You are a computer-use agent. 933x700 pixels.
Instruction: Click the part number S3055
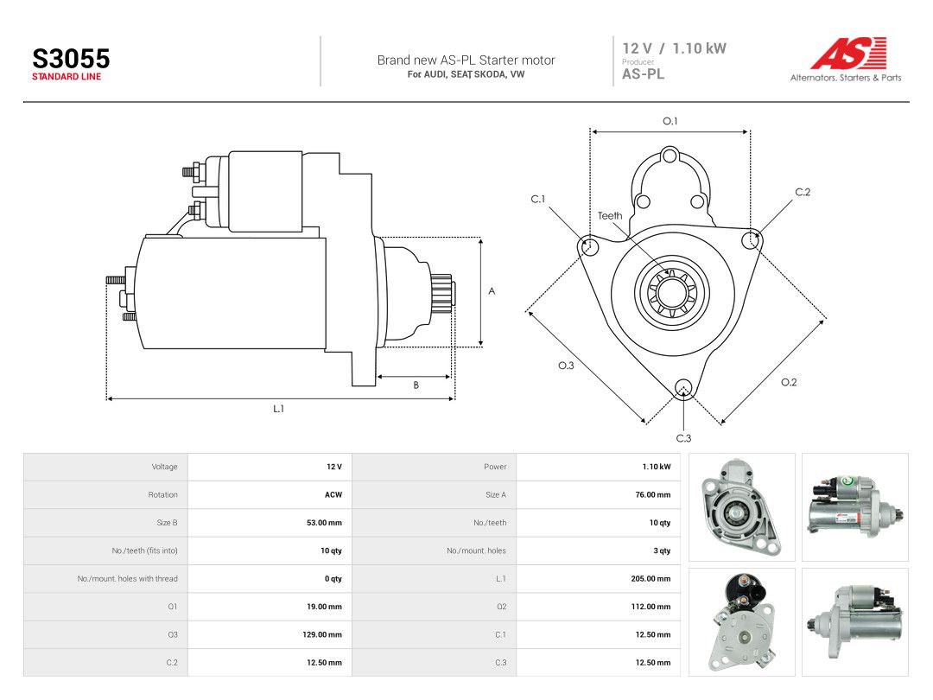pyautogui.click(x=71, y=59)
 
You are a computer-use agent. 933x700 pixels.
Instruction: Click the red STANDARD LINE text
pyautogui.click(x=67, y=77)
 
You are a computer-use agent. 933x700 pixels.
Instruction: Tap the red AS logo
pyautogui.click(x=849, y=53)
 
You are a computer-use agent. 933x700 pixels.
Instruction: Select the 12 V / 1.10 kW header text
pyautogui.click(x=674, y=48)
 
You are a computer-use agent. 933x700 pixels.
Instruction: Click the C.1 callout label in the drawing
pyautogui.click(x=538, y=199)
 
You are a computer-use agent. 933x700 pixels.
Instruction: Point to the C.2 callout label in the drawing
pyautogui.click(x=803, y=192)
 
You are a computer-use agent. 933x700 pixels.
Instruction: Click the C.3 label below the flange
pyautogui.click(x=683, y=438)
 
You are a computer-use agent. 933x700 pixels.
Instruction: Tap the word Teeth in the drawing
pyautogui.click(x=610, y=215)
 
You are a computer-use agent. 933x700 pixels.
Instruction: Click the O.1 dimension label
pyautogui.click(x=670, y=121)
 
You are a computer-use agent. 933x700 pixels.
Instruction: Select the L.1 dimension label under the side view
pyautogui.click(x=278, y=408)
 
